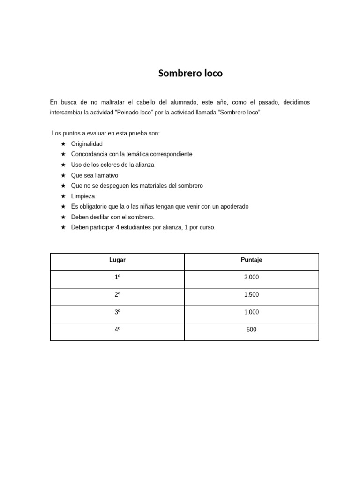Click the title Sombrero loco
pos(190,73)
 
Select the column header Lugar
pos(117,260)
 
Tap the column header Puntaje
pos(251,260)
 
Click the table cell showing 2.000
pos(251,277)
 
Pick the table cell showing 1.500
pos(251,295)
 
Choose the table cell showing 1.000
pos(251,312)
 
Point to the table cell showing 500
pos(251,330)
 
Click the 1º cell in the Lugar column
pos(117,277)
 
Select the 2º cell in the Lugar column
pos(117,295)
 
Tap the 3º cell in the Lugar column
pos(117,312)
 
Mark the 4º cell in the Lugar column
pos(117,330)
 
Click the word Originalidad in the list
pos(87,144)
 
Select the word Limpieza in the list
pos(83,196)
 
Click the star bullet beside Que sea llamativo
pos(63,175)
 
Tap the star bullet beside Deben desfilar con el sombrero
pos(63,217)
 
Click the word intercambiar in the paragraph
pos(66,113)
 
